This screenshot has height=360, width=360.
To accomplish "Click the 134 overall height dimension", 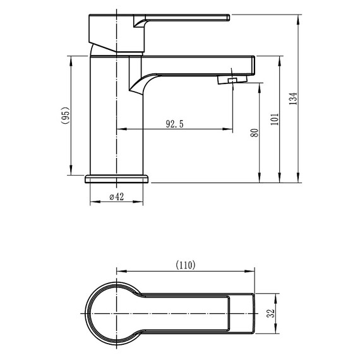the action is click(293, 99).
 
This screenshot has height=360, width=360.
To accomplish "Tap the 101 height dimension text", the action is click(275, 119).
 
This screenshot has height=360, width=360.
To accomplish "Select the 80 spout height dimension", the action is click(255, 133).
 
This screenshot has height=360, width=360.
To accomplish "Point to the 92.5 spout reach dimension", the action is click(175, 124).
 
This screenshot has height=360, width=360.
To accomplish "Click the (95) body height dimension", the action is click(65, 116).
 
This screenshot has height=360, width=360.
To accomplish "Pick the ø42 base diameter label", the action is click(117, 197).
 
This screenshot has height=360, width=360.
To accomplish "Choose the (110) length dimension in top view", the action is click(186, 265).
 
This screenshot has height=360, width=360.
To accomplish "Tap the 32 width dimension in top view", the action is click(271, 313).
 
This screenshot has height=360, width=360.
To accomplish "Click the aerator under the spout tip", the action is click(232, 80).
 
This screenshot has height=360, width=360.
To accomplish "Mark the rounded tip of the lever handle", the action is click(229, 18).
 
